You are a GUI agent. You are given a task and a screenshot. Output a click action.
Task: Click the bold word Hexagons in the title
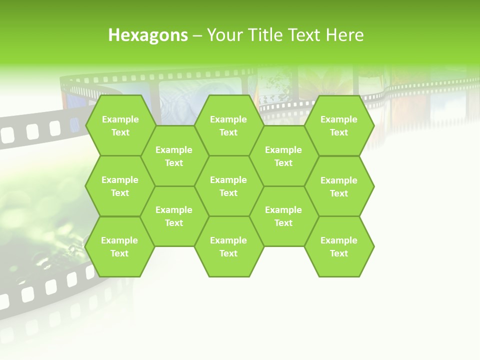pos(148,35)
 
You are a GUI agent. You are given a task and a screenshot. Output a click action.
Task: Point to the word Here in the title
pos(344,35)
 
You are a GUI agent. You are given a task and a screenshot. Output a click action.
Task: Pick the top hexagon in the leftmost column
pos(120,125)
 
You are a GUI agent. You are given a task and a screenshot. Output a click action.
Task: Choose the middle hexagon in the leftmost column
pos(120,186)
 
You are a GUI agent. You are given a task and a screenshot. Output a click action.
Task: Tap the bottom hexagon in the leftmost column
pos(120,246)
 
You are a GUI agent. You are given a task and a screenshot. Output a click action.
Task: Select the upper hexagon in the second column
pos(174,156)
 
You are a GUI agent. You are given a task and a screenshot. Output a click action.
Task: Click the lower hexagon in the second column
pos(174,216)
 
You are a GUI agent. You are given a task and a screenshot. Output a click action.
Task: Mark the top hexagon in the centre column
pos(228,125)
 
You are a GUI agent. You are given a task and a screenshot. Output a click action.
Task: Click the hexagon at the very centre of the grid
pos(228,186)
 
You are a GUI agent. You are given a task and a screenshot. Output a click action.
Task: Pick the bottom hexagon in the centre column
pos(228,246)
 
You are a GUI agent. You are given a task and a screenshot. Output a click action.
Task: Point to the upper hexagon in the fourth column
pos(283,156)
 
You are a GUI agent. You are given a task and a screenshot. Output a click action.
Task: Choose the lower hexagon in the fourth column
pos(283,216)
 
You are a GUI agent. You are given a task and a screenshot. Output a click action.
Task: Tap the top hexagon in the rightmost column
pos(339,125)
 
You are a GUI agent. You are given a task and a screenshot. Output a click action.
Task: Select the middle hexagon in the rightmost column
pos(339,186)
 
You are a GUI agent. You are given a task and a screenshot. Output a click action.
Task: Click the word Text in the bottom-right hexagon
pos(339,253)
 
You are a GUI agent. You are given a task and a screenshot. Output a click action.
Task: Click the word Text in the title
pos(303,35)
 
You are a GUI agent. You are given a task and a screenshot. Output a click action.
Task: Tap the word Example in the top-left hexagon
pos(120,119)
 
